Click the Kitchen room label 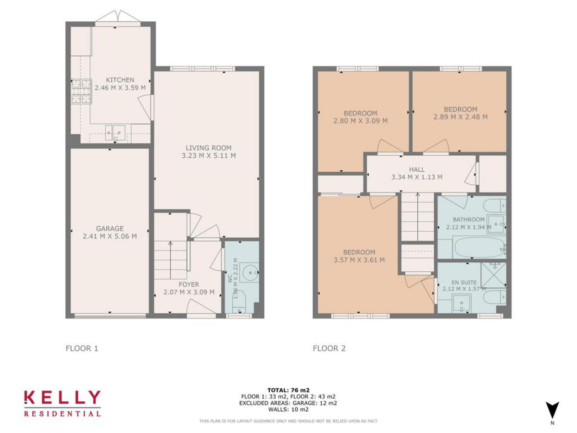(x=120, y=80)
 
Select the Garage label (x=110, y=229)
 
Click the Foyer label (x=188, y=284)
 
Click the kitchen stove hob (x=81, y=91)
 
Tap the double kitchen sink (x=115, y=131)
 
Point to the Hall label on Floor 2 (x=416, y=169)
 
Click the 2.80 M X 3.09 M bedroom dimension (x=360, y=121)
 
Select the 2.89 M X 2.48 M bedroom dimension (x=460, y=117)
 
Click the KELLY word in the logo (x=63, y=398)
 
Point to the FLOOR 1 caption (x=82, y=348)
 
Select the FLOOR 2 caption (x=329, y=348)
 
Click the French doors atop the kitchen (x=118, y=18)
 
